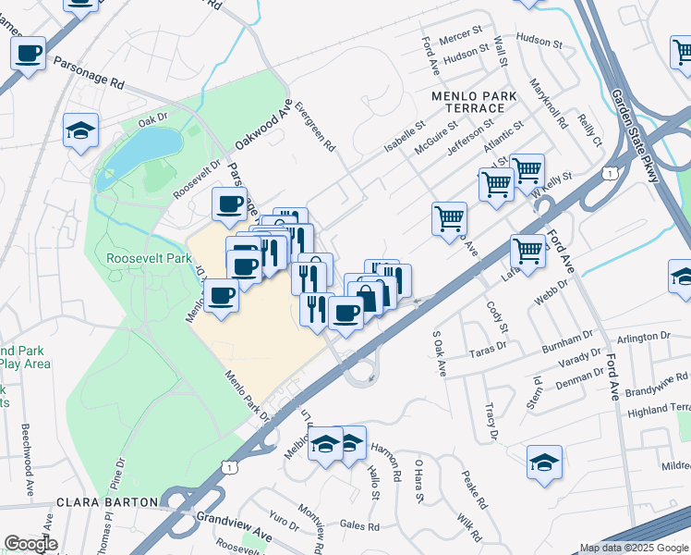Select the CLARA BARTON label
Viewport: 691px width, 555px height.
(102, 503)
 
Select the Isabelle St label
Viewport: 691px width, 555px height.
(404, 136)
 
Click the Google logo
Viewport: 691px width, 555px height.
(30, 544)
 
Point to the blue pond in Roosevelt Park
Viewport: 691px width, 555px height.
(141, 153)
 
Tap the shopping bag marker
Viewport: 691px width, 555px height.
(366, 297)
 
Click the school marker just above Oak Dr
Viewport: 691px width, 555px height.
(81, 132)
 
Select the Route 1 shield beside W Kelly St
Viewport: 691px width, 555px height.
(610, 174)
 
